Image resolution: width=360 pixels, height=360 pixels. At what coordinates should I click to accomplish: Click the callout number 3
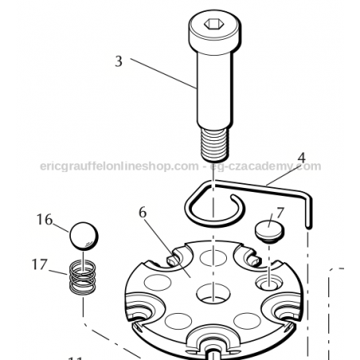tap(119, 61)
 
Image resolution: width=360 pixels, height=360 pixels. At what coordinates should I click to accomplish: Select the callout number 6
tap(143, 213)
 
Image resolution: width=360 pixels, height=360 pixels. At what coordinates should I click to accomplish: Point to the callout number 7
tap(280, 213)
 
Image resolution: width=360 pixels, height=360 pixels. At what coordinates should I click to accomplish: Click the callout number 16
tap(44, 219)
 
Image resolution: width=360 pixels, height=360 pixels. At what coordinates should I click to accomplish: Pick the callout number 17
tap(40, 263)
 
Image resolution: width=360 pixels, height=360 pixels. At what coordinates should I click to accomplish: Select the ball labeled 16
tap(83, 237)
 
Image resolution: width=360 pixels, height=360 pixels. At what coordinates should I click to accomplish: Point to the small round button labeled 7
tap(268, 233)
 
